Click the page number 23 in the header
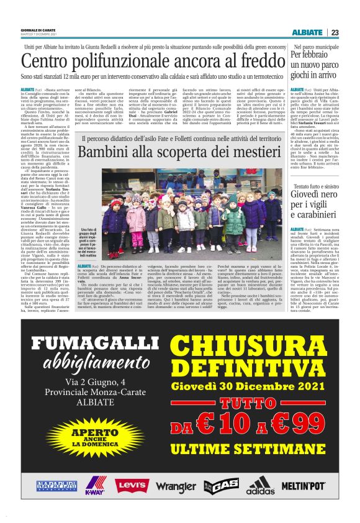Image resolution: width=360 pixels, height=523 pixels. click(335, 32)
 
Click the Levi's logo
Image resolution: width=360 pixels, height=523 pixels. click(132, 485)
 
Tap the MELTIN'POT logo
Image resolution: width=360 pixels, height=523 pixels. click(303, 486)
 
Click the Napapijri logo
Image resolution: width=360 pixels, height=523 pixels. click(56, 486)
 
